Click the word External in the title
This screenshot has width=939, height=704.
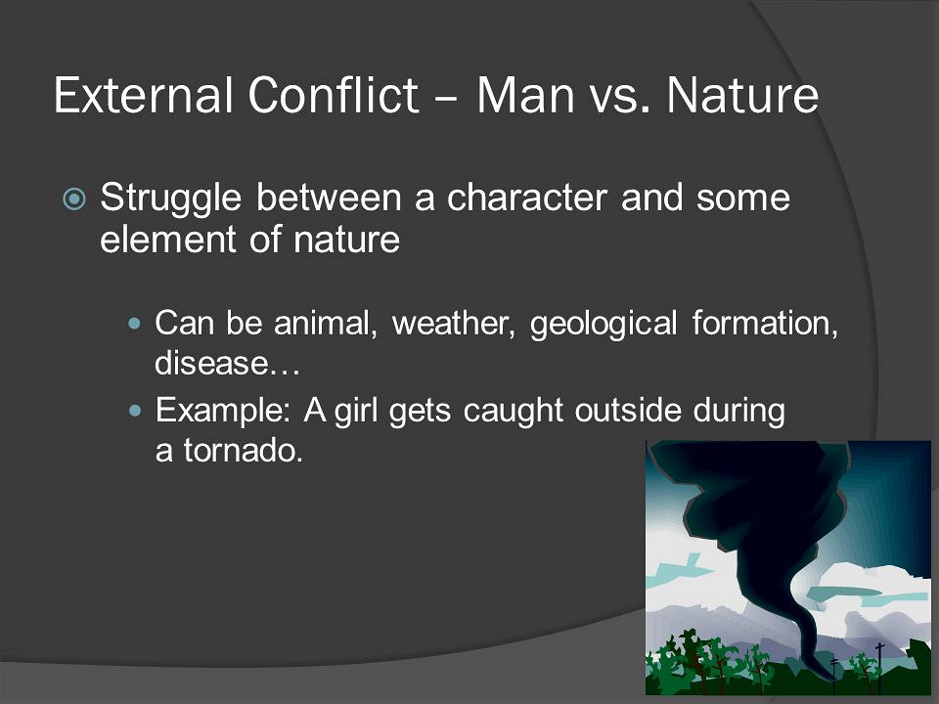[x=143, y=95]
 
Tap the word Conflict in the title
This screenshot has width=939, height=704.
[x=333, y=94]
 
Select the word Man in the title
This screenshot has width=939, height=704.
[x=526, y=95]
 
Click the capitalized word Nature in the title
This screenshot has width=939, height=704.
[x=742, y=95]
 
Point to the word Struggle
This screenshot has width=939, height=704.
[x=170, y=198]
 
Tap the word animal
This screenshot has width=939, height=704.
[x=325, y=324]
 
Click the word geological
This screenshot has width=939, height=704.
[x=604, y=325]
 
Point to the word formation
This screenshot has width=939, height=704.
[x=765, y=324]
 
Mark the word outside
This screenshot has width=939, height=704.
[x=628, y=410]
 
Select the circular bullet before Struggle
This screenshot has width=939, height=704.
[x=74, y=199]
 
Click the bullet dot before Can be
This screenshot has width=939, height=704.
[x=135, y=324]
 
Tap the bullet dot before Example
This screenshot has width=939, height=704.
[x=135, y=411]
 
